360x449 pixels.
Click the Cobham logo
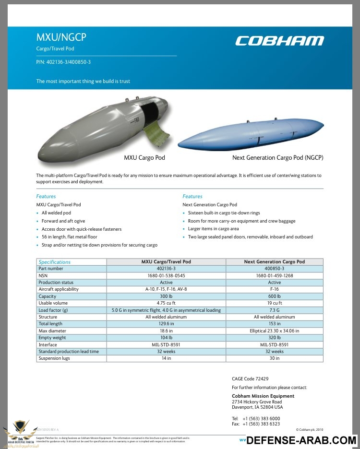point(279,41)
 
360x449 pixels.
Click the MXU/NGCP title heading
point(61,37)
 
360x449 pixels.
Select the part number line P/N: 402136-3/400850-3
point(63,62)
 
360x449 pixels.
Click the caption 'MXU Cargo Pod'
point(144,157)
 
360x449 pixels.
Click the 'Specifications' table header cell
point(55,262)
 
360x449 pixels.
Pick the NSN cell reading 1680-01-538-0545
point(166,276)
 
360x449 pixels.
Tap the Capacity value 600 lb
point(274,296)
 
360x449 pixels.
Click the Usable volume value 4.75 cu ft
point(166,303)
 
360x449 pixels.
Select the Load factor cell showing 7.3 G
point(274,310)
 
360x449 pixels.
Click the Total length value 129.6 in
point(166,324)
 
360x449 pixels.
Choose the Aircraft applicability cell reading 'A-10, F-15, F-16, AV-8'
point(166,289)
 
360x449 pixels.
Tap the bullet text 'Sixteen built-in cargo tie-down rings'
point(224,213)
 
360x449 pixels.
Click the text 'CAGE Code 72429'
point(250,379)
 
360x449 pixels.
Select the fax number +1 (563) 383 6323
point(261,424)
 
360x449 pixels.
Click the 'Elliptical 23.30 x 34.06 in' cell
point(274,331)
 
